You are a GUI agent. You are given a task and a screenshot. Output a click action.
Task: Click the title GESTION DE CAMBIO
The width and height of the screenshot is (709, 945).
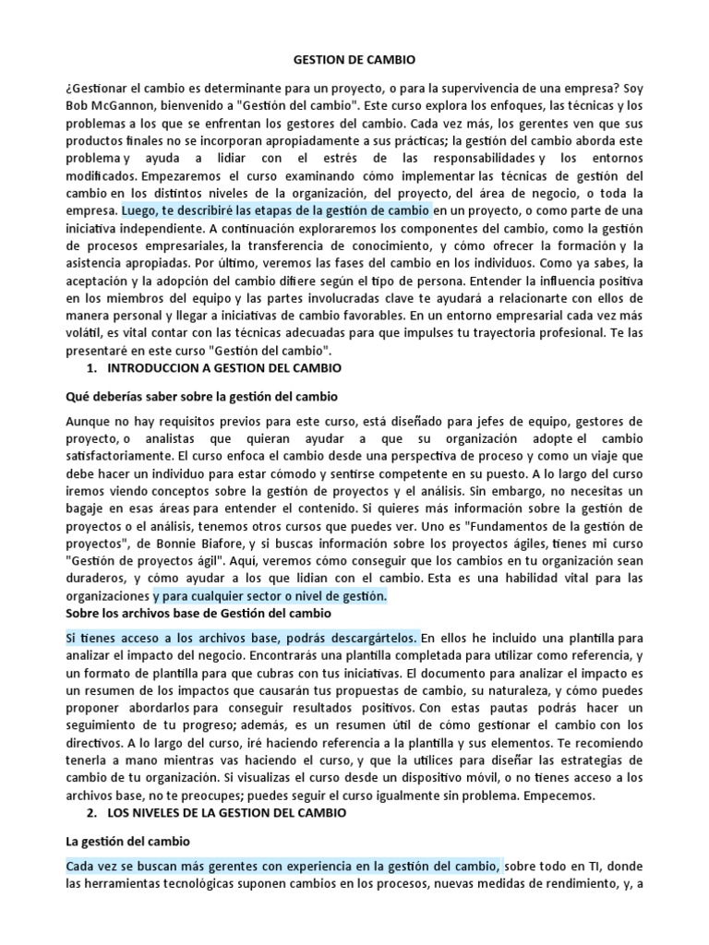[x=354, y=60]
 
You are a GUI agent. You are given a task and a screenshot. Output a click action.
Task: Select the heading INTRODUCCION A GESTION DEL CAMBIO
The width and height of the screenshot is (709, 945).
[x=224, y=368]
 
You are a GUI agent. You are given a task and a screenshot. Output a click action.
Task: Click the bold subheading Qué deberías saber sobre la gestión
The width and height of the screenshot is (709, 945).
[x=200, y=397]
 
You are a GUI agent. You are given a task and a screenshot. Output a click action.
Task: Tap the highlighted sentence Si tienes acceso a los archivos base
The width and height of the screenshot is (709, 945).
[x=242, y=639]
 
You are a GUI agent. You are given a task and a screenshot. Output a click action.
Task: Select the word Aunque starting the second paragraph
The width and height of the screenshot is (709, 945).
[x=88, y=421]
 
